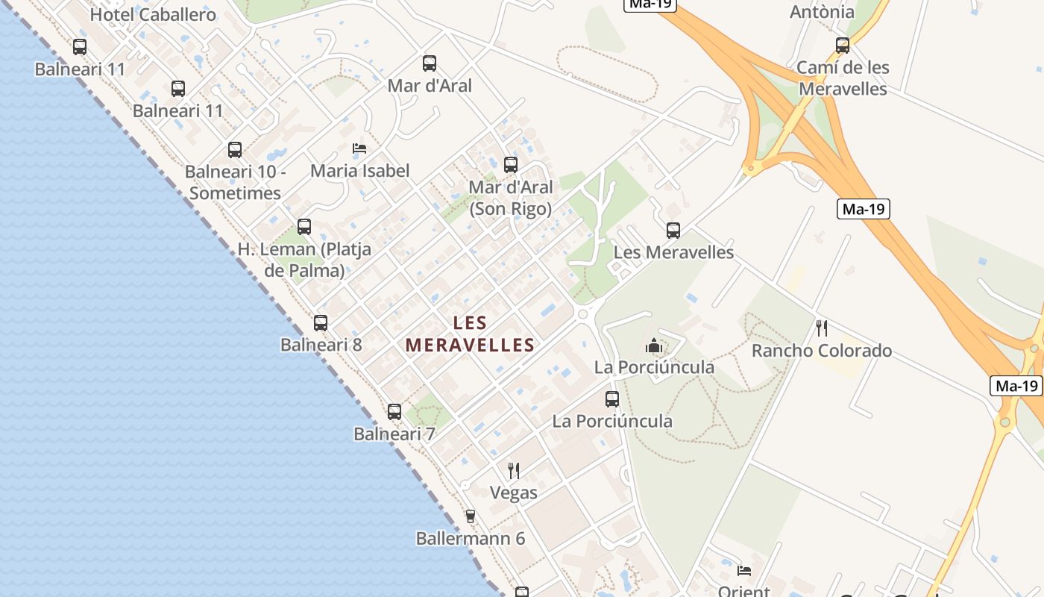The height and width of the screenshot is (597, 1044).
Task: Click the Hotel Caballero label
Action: (153, 15)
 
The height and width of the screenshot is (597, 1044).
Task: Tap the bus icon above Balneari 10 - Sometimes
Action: (235, 150)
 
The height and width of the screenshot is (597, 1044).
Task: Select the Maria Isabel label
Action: (359, 171)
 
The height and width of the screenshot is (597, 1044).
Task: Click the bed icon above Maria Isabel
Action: (359, 149)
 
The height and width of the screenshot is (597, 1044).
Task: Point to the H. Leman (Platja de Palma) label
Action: (304, 260)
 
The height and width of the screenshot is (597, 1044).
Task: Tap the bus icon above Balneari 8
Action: (321, 323)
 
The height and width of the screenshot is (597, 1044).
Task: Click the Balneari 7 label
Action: (394, 434)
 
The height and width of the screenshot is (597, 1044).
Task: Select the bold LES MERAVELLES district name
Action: (471, 334)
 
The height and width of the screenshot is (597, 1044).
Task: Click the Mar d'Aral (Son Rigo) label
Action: (511, 198)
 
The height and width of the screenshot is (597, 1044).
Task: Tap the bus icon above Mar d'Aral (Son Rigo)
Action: (511, 165)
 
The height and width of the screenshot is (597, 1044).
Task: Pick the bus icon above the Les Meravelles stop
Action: (673, 231)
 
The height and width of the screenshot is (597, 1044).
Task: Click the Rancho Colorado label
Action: (822, 351)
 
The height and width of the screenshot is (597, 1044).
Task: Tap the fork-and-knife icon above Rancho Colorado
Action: (822, 328)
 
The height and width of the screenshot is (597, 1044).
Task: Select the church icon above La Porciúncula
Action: (654, 345)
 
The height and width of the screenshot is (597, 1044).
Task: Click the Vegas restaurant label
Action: (514, 493)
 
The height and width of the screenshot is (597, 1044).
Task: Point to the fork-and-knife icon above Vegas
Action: (514, 470)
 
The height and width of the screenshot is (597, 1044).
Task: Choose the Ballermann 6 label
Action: (471, 538)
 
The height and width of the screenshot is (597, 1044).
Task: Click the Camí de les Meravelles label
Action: (843, 78)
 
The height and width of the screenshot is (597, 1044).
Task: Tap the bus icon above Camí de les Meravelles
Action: (843, 46)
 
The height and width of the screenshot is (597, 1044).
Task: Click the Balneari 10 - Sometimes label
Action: (235, 182)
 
